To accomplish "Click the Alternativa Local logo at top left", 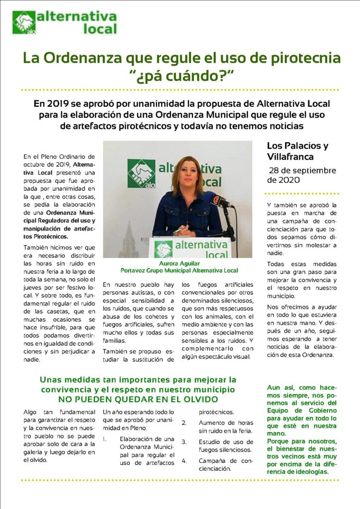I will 65,22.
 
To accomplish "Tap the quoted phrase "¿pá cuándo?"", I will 181,77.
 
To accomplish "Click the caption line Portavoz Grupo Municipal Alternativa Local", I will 179,271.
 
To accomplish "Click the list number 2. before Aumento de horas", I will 184,424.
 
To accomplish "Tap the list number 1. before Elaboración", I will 105,439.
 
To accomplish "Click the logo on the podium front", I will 164,248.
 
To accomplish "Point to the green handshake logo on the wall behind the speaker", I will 141,174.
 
